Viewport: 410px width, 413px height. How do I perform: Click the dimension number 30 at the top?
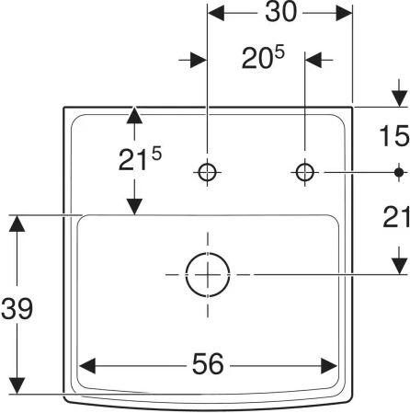click(x=281, y=12)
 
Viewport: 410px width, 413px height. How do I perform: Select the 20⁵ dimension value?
click(x=263, y=57)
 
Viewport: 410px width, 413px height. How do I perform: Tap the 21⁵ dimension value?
click(x=140, y=159)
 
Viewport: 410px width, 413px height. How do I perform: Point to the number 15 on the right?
click(x=394, y=135)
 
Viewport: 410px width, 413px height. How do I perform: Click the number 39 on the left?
click(x=17, y=308)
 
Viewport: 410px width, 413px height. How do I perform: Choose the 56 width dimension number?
click(x=208, y=364)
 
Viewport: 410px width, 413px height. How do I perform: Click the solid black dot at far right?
click(x=399, y=172)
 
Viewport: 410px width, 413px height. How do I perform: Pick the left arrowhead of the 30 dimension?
click(x=216, y=13)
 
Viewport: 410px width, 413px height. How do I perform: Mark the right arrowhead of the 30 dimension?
click(x=344, y=13)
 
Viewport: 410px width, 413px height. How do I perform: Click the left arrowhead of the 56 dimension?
click(x=87, y=365)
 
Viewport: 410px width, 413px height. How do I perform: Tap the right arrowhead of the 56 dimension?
click(x=329, y=365)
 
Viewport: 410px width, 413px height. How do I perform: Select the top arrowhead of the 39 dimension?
click(x=17, y=224)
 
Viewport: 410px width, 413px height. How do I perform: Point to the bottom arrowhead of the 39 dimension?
click(x=17, y=385)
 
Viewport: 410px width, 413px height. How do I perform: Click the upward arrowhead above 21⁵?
click(x=134, y=115)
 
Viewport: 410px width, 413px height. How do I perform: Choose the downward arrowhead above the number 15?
click(x=399, y=98)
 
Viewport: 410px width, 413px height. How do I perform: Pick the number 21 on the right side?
click(x=396, y=217)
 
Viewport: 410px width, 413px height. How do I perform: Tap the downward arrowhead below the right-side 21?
click(x=399, y=266)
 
